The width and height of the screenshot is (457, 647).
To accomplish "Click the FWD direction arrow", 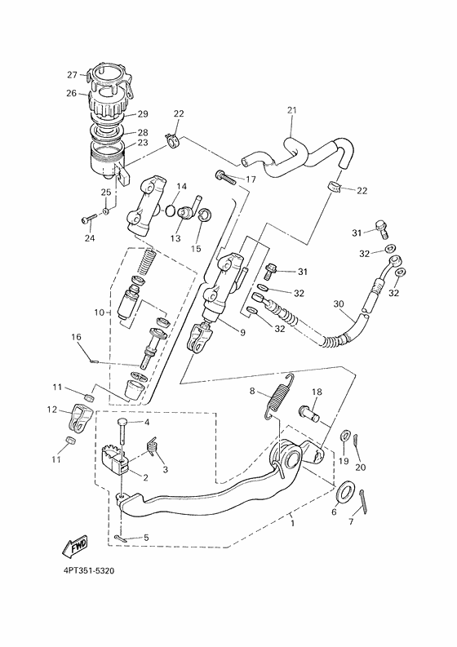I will [73, 544].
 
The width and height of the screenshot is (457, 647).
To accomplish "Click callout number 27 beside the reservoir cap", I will [72, 73].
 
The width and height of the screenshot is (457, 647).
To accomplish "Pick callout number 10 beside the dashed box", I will [100, 312].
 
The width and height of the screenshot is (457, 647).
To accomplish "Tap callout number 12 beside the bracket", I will [51, 410].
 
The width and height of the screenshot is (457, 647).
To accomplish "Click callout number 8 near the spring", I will [252, 390].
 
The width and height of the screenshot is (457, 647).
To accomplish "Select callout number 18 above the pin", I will [317, 392].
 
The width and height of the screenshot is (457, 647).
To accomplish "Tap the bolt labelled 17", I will [224, 176].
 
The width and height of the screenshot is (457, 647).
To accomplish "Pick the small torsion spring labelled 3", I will [151, 448].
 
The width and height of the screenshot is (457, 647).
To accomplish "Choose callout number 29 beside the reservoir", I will [142, 114].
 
